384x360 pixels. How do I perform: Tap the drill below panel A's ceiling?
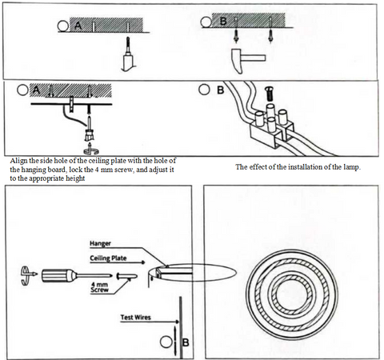click(128, 54)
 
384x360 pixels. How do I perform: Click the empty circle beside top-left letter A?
click(63, 26)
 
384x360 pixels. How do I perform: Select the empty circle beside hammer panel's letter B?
click(206, 22)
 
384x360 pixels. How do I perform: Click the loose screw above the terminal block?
click(269, 94)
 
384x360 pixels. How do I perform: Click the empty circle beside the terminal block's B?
click(204, 90)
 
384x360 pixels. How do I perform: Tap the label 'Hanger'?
click(100, 243)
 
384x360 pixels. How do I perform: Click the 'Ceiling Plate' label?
click(108, 258)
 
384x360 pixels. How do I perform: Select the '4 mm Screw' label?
click(99, 287)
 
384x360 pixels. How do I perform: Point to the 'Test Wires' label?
click(135, 318)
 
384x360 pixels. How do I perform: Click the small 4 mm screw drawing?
click(127, 277)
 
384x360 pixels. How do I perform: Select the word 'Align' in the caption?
click(18, 161)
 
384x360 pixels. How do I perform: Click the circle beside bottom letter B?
click(166, 342)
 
